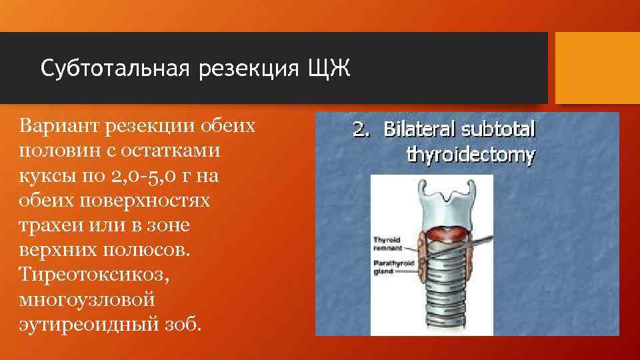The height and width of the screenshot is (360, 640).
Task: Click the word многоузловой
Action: pyautogui.click(x=87, y=299)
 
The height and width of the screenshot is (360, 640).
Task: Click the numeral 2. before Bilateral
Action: pyautogui.click(x=361, y=129)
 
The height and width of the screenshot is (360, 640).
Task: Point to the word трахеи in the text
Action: pyautogui.click(x=49, y=225)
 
